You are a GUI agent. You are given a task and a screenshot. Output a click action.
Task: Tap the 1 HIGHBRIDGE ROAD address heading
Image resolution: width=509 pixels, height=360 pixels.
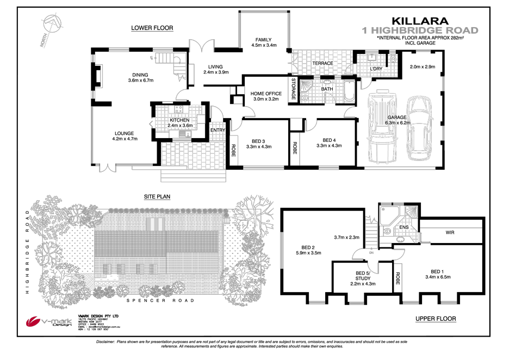(420, 30)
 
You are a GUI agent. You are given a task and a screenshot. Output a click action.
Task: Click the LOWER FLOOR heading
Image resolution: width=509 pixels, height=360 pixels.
(152, 28)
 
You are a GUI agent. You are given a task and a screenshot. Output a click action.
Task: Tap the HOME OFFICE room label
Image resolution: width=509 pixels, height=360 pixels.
(266, 94)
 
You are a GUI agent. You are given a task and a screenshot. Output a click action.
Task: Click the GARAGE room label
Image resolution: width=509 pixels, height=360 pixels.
(397, 117)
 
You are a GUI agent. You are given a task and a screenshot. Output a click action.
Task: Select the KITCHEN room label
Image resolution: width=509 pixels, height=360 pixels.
(179, 120)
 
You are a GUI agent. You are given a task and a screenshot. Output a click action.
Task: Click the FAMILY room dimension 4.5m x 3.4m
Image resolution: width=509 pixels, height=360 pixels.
(264, 46)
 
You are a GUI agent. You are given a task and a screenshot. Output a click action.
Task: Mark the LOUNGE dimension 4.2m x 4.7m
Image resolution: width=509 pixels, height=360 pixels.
(125, 139)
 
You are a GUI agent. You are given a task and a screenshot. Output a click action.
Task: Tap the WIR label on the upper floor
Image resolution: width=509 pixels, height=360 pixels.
(450, 232)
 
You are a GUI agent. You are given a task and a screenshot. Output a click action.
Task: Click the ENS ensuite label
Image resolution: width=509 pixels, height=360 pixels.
(404, 227)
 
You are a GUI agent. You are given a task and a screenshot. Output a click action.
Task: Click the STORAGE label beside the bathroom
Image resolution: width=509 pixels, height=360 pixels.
(294, 89)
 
